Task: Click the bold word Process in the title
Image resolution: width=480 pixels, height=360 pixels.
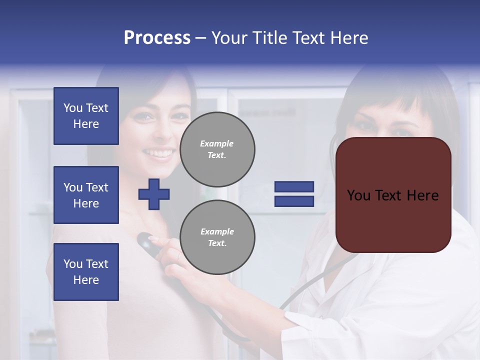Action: pos(157,38)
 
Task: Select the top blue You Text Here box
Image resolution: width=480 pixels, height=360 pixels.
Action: pos(86,116)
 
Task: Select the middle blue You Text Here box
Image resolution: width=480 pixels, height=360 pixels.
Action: pos(86,195)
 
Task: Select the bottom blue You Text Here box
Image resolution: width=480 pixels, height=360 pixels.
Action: pos(86,271)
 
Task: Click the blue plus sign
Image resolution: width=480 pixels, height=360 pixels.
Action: pos(154,194)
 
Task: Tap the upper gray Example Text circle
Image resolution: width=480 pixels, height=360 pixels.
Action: pos(217,149)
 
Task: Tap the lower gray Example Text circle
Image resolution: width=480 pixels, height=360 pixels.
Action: pos(217,237)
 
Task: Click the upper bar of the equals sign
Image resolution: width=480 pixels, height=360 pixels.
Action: pos(294,187)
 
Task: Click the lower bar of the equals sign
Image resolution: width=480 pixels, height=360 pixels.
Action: pos(294,201)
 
